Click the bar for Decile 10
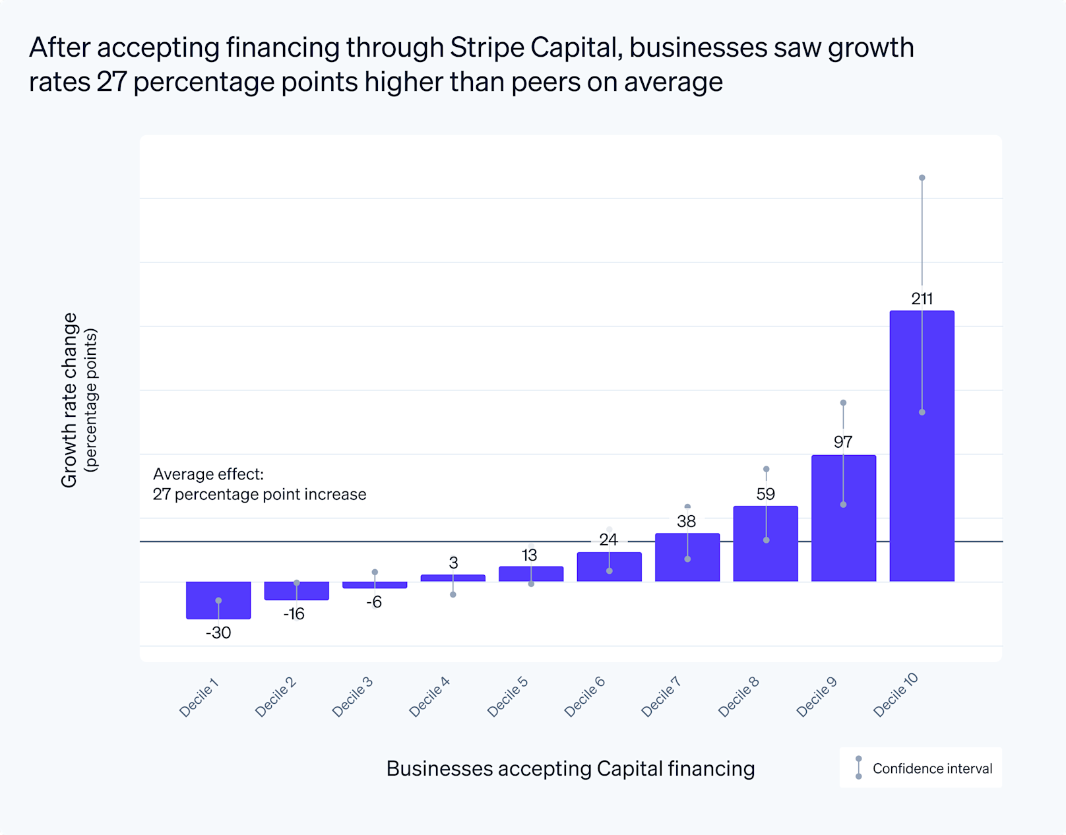922,462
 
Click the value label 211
922,299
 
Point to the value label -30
218,633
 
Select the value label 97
843,441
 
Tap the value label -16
294,614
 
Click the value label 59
765,494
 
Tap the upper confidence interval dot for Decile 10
922,178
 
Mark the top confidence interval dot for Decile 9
843,402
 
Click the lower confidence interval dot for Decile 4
453,594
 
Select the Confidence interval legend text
932,768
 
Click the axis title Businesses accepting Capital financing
571,768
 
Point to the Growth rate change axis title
70,400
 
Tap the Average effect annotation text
259,484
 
